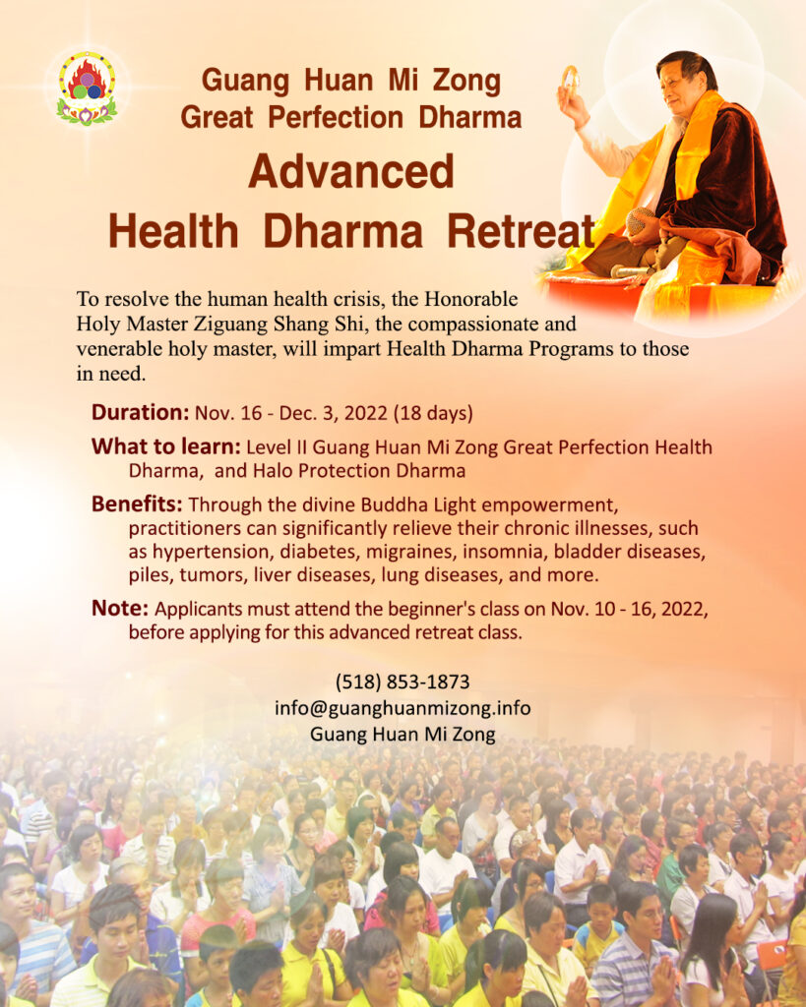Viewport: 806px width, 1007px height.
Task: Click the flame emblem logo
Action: click(x=87, y=88)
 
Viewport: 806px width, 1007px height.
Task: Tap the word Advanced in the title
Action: click(x=351, y=171)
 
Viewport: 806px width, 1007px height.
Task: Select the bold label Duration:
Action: click(x=140, y=412)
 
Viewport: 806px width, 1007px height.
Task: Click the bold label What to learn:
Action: click(x=166, y=446)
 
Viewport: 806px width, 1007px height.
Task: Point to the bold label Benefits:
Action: click(x=137, y=504)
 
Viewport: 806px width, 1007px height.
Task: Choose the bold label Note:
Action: click(x=120, y=608)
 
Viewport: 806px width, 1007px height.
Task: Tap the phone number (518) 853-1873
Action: click(x=403, y=681)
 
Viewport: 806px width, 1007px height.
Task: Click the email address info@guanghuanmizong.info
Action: click(x=403, y=708)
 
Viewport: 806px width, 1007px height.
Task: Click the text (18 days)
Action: click(x=433, y=413)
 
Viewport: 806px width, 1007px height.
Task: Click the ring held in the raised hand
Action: click(x=570, y=79)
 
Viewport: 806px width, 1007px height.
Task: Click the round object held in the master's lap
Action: click(x=641, y=221)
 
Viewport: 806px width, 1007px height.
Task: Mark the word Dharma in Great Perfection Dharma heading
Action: click(x=469, y=118)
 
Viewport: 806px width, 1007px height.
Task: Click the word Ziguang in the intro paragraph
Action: click(x=230, y=324)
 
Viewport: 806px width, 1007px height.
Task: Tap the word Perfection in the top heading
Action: click(x=336, y=118)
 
